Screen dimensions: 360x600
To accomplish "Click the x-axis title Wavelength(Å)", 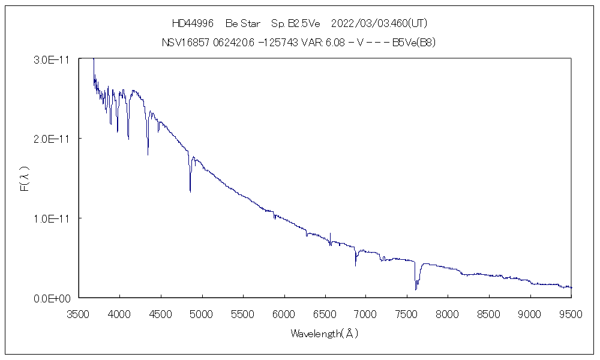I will coord(324,334).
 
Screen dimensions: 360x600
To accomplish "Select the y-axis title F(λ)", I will coord(25,178).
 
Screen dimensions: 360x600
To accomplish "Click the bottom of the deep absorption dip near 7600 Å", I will coord(415,290).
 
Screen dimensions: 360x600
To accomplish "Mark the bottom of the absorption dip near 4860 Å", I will coord(190,191).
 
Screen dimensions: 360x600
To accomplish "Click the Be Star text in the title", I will coord(242,23).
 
